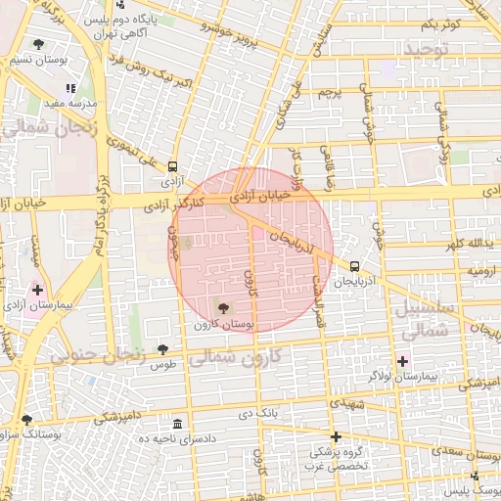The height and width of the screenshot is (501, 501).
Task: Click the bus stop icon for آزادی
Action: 173,166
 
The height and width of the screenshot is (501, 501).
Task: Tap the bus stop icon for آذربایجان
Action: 353,264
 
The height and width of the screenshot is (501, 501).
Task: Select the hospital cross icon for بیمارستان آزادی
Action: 37,290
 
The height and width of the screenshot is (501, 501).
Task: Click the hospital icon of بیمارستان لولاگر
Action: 402,361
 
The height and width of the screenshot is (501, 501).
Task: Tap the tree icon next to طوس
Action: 162,349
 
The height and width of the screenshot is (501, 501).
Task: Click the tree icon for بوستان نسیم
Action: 37,44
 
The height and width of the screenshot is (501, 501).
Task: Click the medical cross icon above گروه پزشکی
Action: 336,436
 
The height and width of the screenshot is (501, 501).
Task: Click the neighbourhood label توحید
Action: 425,48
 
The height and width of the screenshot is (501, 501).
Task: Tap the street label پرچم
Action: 331,93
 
